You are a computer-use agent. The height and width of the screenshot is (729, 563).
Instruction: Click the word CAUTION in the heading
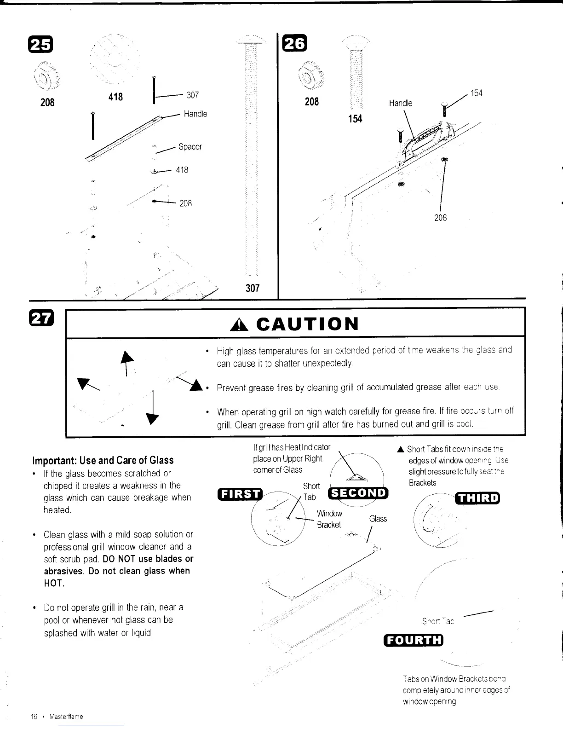click(307, 324)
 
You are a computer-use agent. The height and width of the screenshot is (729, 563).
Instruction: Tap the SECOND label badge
click(359, 492)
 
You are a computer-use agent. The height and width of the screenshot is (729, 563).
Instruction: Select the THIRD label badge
click(477, 498)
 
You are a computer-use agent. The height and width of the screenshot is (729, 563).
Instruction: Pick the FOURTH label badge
click(413, 640)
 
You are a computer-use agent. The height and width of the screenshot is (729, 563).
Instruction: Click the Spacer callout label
click(190, 147)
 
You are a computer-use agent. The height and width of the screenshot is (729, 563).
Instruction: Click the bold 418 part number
click(115, 96)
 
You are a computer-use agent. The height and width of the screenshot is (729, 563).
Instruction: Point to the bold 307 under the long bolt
click(253, 288)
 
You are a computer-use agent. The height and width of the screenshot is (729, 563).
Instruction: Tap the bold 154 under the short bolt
click(355, 119)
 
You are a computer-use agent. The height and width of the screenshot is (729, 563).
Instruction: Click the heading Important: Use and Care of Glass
click(103, 460)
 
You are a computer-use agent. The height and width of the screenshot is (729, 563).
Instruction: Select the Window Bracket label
click(329, 519)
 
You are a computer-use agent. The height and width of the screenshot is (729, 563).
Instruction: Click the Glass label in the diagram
click(378, 519)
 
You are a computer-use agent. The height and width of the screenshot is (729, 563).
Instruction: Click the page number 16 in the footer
click(34, 717)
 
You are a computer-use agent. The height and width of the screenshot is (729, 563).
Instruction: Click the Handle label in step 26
click(401, 103)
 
